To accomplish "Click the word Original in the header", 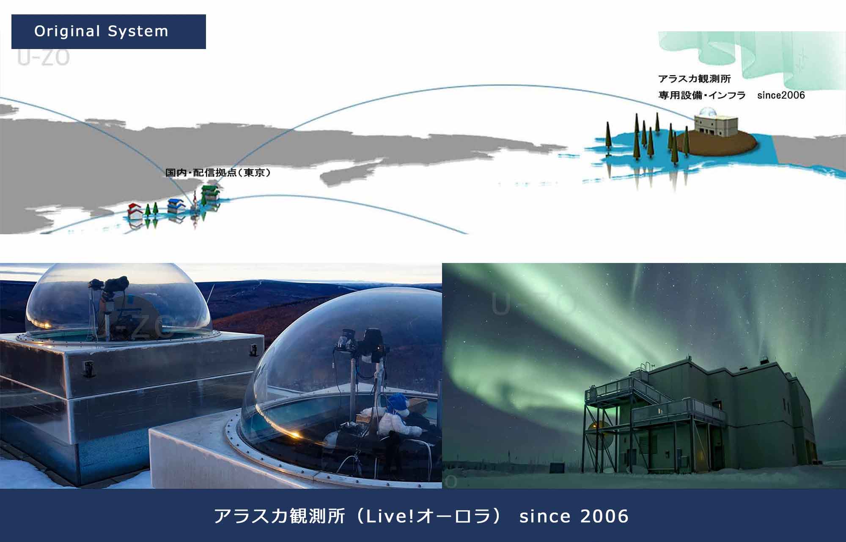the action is [68, 32].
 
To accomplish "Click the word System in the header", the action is [138, 32].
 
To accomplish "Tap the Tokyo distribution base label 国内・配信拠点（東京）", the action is [218, 172].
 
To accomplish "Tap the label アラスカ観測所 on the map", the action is [695, 79].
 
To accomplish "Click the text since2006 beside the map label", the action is [781, 95].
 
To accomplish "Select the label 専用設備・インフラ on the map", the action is [702, 95].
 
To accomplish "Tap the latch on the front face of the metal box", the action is [88, 368].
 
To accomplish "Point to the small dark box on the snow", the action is [556, 468].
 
